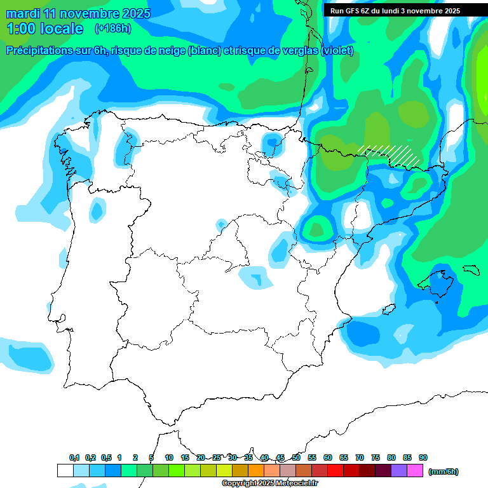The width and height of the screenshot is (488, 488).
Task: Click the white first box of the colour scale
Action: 65,471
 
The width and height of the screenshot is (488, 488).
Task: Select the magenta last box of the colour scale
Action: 414,471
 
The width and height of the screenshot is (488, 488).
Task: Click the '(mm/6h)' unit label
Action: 444,471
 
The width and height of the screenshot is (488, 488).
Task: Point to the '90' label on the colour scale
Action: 423,457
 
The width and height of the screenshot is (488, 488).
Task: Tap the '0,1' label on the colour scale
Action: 74,457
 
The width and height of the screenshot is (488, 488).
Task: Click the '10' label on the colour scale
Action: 169,457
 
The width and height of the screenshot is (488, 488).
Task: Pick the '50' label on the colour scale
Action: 296,457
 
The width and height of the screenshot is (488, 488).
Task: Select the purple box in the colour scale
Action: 398,471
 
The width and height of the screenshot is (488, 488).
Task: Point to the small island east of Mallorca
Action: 471,270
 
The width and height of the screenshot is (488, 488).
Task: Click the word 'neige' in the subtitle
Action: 170,51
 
